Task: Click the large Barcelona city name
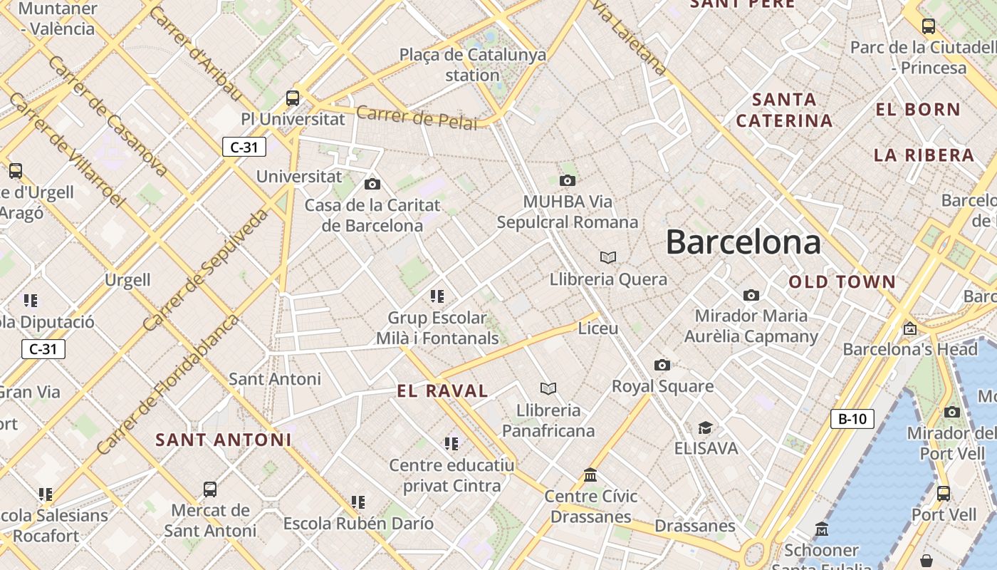pyautogui.click(x=743, y=243)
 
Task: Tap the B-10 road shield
pyautogui.click(x=852, y=418)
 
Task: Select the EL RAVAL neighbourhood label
pyautogui.click(x=442, y=390)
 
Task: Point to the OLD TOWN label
pyautogui.click(x=842, y=282)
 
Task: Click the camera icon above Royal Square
pyautogui.click(x=662, y=366)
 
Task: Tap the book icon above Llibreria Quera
pyautogui.click(x=608, y=257)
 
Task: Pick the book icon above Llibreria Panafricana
pyautogui.click(x=548, y=388)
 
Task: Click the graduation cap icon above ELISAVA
pyautogui.click(x=705, y=427)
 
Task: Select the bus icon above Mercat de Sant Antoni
pyautogui.click(x=209, y=489)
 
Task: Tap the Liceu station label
pyautogui.click(x=598, y=328)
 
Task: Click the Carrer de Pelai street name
pyautogui.click(x=417, y=118)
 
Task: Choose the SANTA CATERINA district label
pyautogui.click(x=784, y=110)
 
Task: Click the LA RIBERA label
pyautogui.click(x=924, y=155)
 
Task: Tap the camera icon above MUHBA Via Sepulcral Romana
pyautogui.click(x=567, y=181)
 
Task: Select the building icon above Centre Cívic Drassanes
pyautogui.click(x=590, y=475)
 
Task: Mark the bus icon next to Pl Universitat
pyautogui.click(x=292, y=98)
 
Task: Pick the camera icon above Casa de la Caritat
pyautogui.click(x=372, y=185)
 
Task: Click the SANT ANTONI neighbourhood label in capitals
pyautogui.click(x=224, y=440)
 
